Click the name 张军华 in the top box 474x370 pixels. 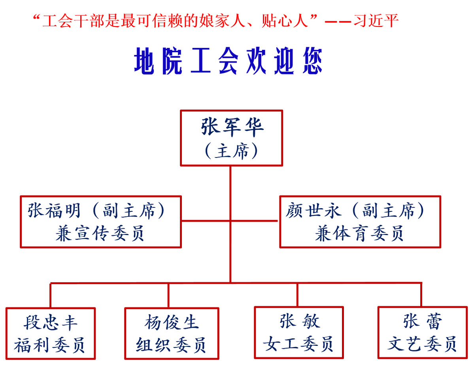pos(232,127)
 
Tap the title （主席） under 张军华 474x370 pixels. pos(232,151)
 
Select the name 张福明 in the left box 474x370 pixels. pos(55,211)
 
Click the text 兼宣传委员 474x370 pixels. pos(100,234)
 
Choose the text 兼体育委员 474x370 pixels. pos(359,234)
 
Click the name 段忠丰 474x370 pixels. pos(51,323)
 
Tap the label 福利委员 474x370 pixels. pos(51,345)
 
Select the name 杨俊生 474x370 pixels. pos(172,323)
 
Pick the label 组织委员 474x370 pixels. pos(172,345)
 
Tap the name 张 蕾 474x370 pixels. pos(422,321)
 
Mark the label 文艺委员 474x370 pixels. pos(422,344)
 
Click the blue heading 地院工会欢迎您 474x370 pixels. pos(229,62)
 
